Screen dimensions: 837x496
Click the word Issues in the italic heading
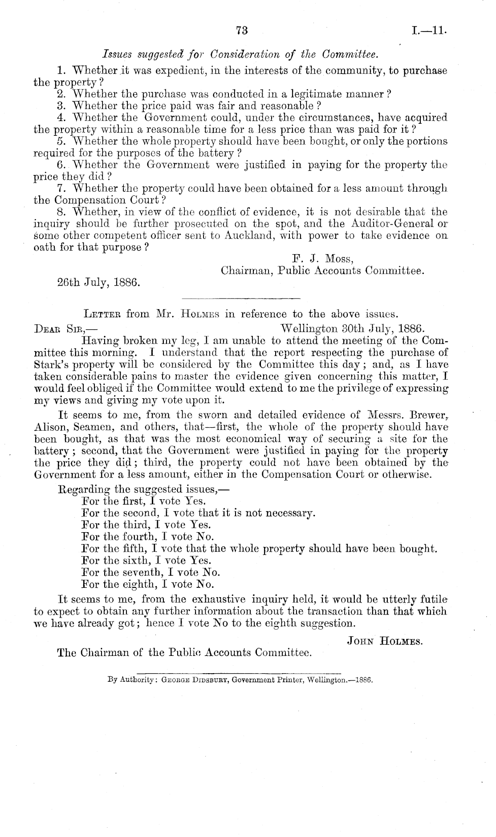coord(116,55)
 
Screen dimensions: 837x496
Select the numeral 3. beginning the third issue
coord(62,106)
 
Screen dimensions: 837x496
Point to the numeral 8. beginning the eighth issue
coord(62,212)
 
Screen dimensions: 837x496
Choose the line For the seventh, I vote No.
coord(151,572)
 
